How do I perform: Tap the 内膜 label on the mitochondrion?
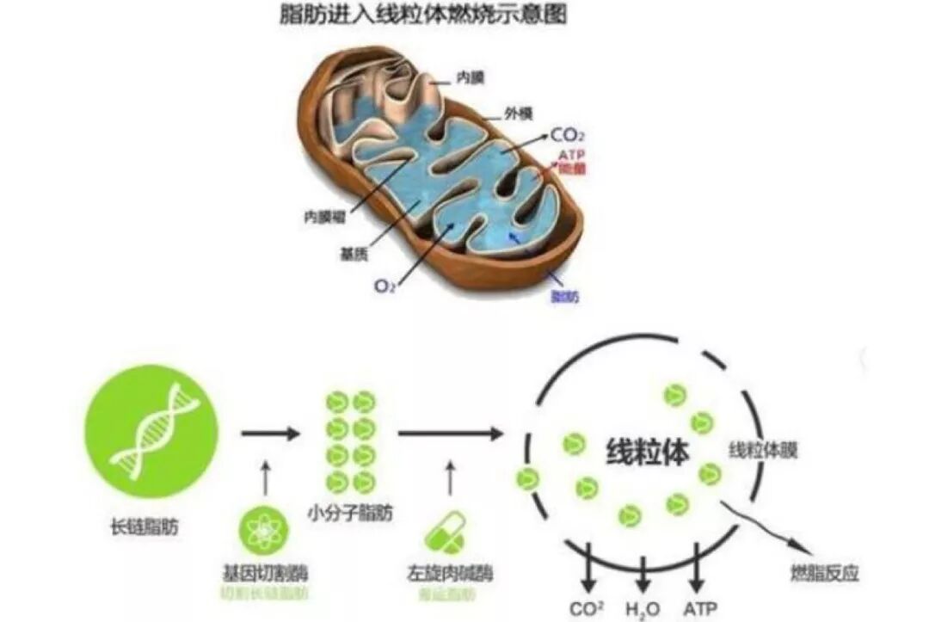pos(471,78)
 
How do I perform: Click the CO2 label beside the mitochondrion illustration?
pos(570,134)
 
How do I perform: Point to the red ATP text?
pos(572,154)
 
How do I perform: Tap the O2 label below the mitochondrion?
pos(385,286)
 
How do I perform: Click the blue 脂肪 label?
pos(564,296)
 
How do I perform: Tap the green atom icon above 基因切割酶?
pos(264,530)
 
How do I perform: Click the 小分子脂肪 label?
pos(350,514)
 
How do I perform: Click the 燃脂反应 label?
pos(824,573)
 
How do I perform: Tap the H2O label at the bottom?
pos(643,608)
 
